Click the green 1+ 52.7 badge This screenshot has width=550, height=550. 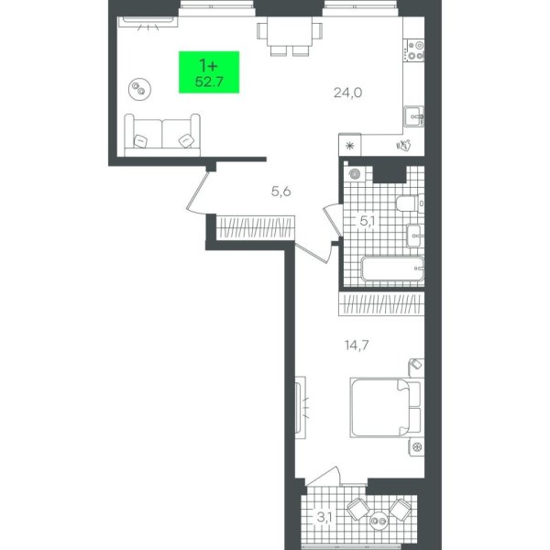[209, 72]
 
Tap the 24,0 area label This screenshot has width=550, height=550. [347, 93]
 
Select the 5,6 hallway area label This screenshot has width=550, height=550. [281, 192]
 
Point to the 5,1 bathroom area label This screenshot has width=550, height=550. [367, 221]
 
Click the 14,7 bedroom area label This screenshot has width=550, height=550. [357, 346]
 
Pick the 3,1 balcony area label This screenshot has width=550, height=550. [324, 517]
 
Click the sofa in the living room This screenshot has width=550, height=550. [162, 135]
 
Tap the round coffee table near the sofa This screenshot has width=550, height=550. [139, 89]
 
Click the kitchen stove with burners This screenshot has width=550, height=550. [414, 50]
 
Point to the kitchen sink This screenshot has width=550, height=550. [414, 115]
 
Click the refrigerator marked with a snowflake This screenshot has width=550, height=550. [350, 145]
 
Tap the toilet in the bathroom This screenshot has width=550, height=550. [410, 203]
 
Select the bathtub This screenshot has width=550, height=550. [392, 269]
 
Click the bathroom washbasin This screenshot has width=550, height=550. [415, 236]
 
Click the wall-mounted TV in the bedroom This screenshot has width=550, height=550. [300, 408]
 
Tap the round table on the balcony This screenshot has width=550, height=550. [379, 522]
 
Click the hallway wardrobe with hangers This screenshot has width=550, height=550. [255, 228]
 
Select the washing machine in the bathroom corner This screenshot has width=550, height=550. [355, 173]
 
